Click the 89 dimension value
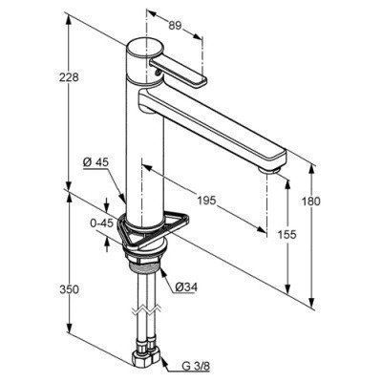(175, 26)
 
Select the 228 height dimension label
(69, 77)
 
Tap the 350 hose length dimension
(69, 289)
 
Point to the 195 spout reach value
(206, 201)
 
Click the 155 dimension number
(287, 235)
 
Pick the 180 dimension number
(309, 202)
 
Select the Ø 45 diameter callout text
(95, 162)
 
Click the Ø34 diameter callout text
(186, 287)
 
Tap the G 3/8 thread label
(196, 367)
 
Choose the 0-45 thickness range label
(101, 223)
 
